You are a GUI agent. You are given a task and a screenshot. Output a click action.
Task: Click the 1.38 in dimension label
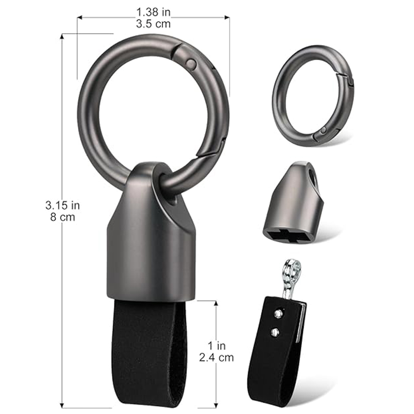coord(153,12)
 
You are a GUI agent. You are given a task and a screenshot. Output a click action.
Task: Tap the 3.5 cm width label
coord(153,24)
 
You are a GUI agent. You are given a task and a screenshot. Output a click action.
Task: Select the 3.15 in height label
coord(63,205)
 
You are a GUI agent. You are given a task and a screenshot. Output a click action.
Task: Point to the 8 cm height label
coord(63,217)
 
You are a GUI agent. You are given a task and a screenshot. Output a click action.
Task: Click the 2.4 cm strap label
coord(216,358)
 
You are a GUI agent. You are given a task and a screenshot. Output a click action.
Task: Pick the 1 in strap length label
coord(216,346)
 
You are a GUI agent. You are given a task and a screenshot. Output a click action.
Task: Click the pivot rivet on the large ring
coord(190,63)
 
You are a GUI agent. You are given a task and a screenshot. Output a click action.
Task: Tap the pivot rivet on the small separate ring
coord(323,130)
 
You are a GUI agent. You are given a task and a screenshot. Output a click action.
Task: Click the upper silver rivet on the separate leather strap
coord(278,314)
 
